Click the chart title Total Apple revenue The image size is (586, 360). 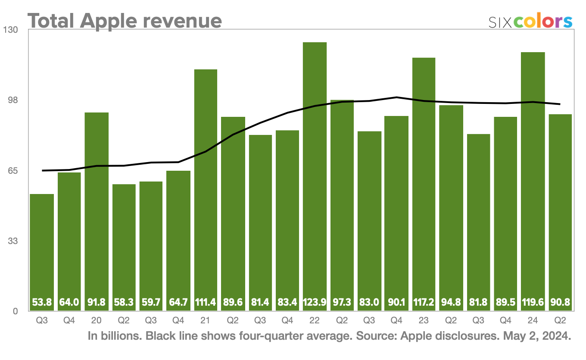tap(125, 20)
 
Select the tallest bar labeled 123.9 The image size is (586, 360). tap(315, 172)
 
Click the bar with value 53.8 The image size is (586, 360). tap(42, 250)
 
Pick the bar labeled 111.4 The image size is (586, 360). tap(206, 185)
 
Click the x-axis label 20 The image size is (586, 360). tap(96, 321)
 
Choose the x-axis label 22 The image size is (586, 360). tap(315, 321)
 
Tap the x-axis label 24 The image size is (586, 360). tap(533, 321)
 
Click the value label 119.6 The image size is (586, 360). tap(533, 303)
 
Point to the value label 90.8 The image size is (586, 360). tap(560, 303)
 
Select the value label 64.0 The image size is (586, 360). tap(69, 303)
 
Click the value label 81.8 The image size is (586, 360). tap(478, 303)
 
